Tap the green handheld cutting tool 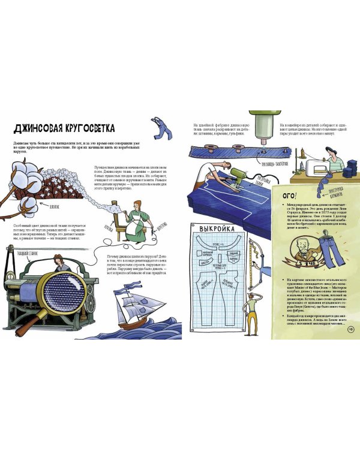(x=240, y=178)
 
